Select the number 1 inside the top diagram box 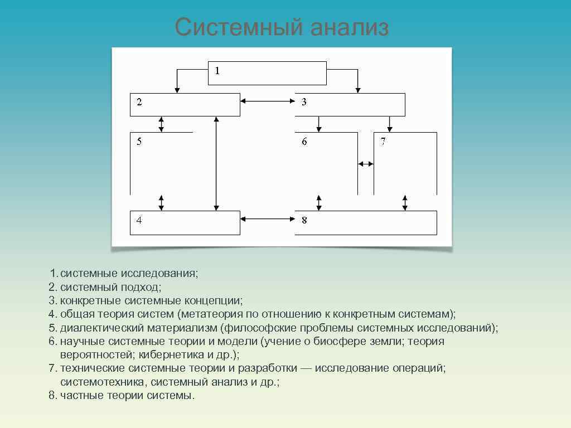pyautogui.click(x=217, y=71)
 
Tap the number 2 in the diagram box pyautogui.click(x=139, y=102)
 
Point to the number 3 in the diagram pyautogui.click(x=304, y=102)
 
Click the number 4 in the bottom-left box pyautogui.click(x=139, y=220)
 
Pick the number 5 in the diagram pyautogui.click(x=139, y=142)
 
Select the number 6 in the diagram pyautogui.click(x=304, y=142)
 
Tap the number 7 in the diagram pyautogui.click(x=383, y=142)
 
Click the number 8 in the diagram pyautogui.click(x=304, y=220)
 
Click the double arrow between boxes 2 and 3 pyautogui.click(x=268, y=101)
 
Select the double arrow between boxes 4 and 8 pyautogui.click(x=268, y=220)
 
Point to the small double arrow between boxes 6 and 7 pyautogui.click(x=366, y=164)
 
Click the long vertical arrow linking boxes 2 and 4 pyautogui.click(x=216, y=164)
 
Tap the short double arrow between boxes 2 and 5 pyautogui.click(x=161, y=124)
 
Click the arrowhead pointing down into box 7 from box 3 pyautogui.click(x=390, y=128)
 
